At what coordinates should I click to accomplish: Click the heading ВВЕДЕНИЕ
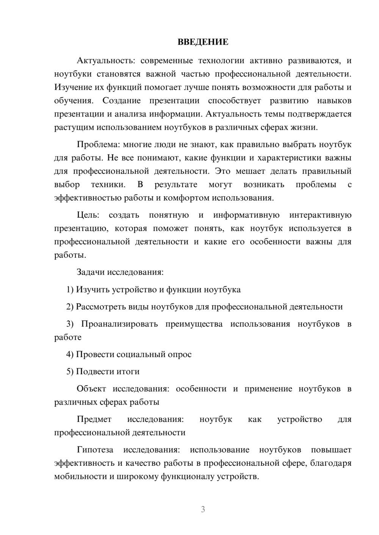tap(203, 42)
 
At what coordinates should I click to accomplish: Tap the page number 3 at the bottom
tap(203, 509)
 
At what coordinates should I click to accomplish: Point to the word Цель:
tap(88, 215)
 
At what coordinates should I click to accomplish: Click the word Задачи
tap(91, 272)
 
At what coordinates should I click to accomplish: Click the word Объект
tap(91, 389)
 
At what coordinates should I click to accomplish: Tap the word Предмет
tap(94, 419)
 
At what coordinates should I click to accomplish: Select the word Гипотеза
tap(95, 450)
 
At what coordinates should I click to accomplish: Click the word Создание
tap(121, 101)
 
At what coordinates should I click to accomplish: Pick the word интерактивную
tap(320, 215)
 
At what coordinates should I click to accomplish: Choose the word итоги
tap(128, 372)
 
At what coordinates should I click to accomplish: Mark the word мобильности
tap(81, 476)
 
